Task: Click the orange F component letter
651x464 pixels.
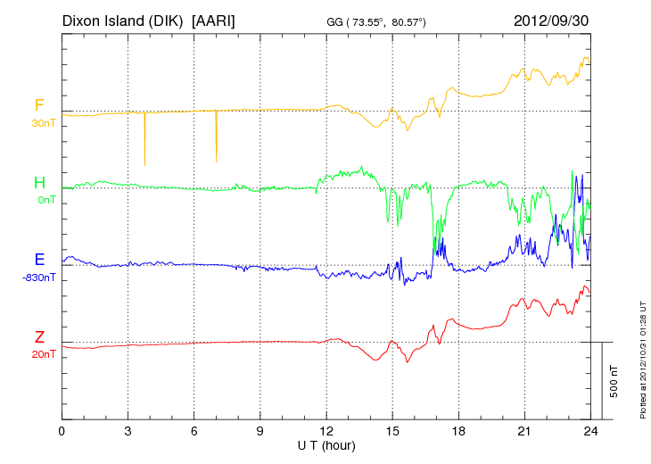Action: (39, 105)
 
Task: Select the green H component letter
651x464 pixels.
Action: (39, 183)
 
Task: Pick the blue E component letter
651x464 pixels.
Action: (39, 260)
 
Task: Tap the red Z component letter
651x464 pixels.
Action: (39, 337)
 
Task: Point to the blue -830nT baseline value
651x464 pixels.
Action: (39, 277)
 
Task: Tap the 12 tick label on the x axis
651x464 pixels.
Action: (326, 430)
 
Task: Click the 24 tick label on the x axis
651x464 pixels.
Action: (590, 430)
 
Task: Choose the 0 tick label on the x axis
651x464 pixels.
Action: (62, 430)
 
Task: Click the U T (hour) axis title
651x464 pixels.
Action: (326, 443)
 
